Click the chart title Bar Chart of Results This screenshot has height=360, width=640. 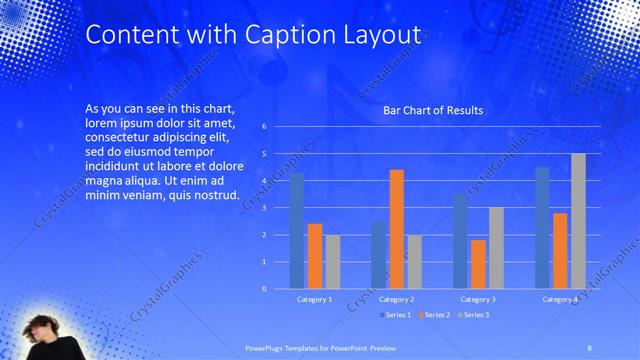point(433,110)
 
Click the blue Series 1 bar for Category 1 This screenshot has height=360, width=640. point(297,231)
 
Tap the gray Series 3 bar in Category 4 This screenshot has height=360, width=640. point(578,221)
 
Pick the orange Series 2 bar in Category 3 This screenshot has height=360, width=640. point(478,264)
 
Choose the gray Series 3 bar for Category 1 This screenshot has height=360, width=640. point(332,262)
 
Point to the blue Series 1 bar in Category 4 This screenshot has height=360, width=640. point(542,228)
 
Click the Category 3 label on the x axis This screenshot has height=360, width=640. point(479,299)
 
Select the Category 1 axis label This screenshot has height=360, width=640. point(315,299)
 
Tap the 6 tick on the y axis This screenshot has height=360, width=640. point(264,127)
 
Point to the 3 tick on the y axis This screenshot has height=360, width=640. point(264,208)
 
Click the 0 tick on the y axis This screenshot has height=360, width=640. point(264,289)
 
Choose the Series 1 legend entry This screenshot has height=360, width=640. point(396,315)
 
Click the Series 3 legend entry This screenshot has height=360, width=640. point(476,315)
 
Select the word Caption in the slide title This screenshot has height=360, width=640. point(286,35)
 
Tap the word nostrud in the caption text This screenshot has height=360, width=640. point(214,194)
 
